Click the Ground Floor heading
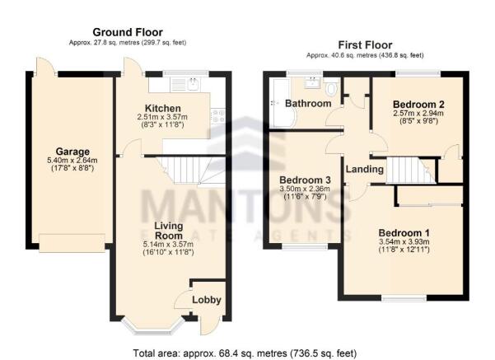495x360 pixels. click(x=128, y=32)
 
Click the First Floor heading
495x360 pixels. click(x=365, y=44)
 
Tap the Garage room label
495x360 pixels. click(x=72, y=152)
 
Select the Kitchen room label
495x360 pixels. click(x=162, y=108)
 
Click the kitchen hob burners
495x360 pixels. click(x=218, y=116)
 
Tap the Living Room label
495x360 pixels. click(x=169, y=231)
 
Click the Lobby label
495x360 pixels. click(x=207, y=300)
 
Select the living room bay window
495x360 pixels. click(x=153, y=326)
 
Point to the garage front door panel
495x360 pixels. click(x=72, y=243)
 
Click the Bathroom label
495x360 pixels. click(x=308, y=103)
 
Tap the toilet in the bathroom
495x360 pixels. click(x=331, y=87)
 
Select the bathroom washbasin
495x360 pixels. click(x=312, y=82)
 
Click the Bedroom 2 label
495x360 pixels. click(x=418, y=104)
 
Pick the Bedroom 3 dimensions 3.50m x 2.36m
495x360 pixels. click(x=305, y=189)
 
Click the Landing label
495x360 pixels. click(x=365, y=169)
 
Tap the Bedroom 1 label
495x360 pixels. click(x=404, y=233)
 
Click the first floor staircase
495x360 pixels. click(x=410, y=171)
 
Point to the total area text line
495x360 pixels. click(x=245, y=353)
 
